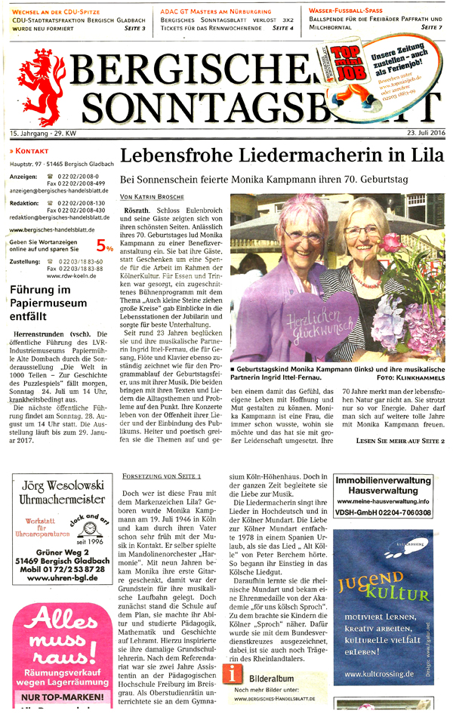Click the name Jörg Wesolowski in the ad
click(60, 482)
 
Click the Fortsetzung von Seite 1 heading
click(162, 477)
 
